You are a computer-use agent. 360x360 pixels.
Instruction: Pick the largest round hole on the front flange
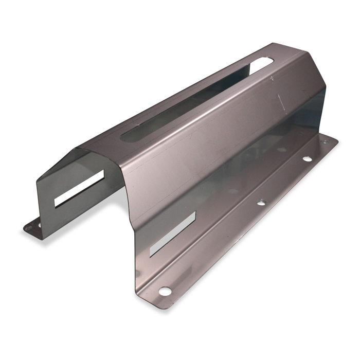click(165, 291)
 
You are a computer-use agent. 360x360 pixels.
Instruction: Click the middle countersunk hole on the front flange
click(261, 203)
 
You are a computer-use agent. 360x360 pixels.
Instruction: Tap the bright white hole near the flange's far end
click(307, 159)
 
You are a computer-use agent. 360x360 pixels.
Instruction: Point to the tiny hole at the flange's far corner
click(325, 141)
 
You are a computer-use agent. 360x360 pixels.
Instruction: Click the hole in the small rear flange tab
click(37, 225)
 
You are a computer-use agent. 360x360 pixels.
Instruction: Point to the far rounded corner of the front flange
click(334, 140)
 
